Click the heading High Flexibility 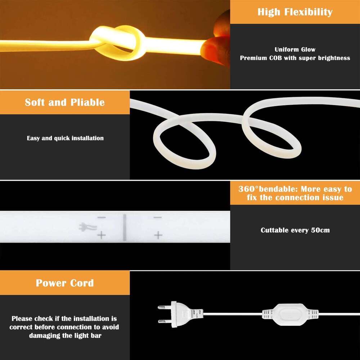coord(295,12)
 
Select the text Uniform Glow coord(295,50)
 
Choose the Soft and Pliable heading coord(65,102)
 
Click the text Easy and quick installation coord(65,138)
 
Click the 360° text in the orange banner coord(248,189)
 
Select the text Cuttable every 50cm coord(295,230)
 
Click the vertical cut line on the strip coord(124,227)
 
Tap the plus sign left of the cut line coord(102,236)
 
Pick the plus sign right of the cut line coord(158,236)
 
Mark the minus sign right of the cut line coord(158,217)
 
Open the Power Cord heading coord(65,283)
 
